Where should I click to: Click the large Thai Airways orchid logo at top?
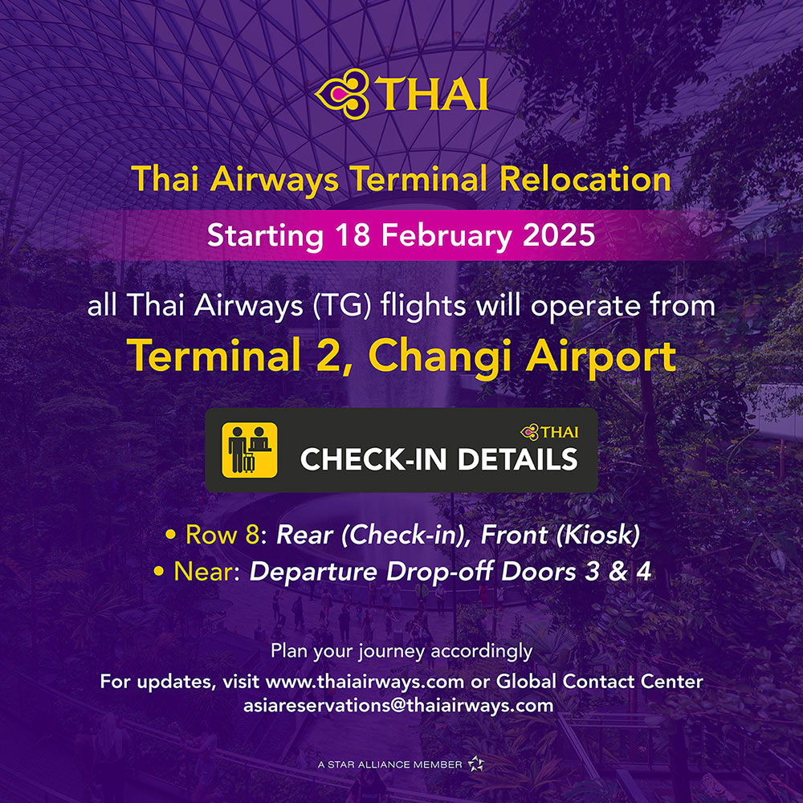341,94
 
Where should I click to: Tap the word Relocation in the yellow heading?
585,179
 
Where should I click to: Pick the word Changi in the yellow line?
440,358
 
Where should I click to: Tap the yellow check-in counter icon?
250,450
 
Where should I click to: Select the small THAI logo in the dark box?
549,432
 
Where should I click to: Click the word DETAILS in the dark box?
518,459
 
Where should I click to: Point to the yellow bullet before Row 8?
170,535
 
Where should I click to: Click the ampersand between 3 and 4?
618,572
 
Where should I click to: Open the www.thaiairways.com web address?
365,682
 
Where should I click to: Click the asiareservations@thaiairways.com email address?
398,706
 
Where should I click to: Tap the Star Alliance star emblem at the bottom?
475,764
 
